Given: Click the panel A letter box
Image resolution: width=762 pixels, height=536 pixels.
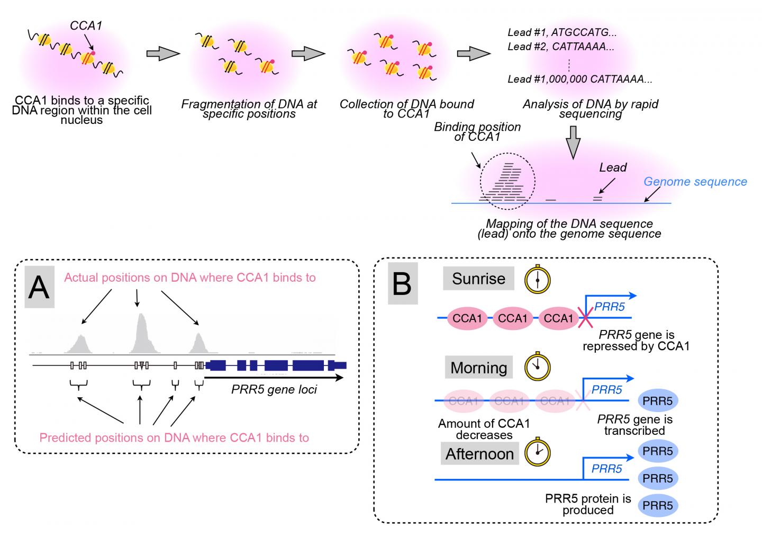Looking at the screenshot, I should point(40,287).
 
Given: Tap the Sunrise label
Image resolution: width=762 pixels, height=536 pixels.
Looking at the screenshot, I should point(478,279).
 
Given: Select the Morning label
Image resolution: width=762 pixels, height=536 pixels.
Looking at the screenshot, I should point(478,368).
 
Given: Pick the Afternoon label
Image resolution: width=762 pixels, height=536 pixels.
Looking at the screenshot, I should point(479,454).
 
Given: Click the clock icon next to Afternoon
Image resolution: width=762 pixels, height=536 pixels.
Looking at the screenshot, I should point(537,453).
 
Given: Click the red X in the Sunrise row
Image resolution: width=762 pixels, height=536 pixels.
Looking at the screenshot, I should point(585,318).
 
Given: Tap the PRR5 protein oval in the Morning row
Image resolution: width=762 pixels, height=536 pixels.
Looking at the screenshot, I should point(658,401).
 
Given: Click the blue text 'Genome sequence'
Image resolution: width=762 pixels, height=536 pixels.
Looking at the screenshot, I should point(695,182).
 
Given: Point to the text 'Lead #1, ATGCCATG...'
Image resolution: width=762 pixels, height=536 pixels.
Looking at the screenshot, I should point(562,33).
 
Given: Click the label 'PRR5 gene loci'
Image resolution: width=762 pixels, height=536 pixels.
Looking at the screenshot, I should point(274,390).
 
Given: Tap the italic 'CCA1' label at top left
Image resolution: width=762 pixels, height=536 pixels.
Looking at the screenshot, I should point(86,25).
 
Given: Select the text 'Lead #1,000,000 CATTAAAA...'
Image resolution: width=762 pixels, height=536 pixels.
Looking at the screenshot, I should point(579,79).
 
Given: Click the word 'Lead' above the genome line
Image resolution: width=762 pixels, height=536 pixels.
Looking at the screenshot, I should point(613,168).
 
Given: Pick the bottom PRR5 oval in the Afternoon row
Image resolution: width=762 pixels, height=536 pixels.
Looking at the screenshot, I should point(658,505).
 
